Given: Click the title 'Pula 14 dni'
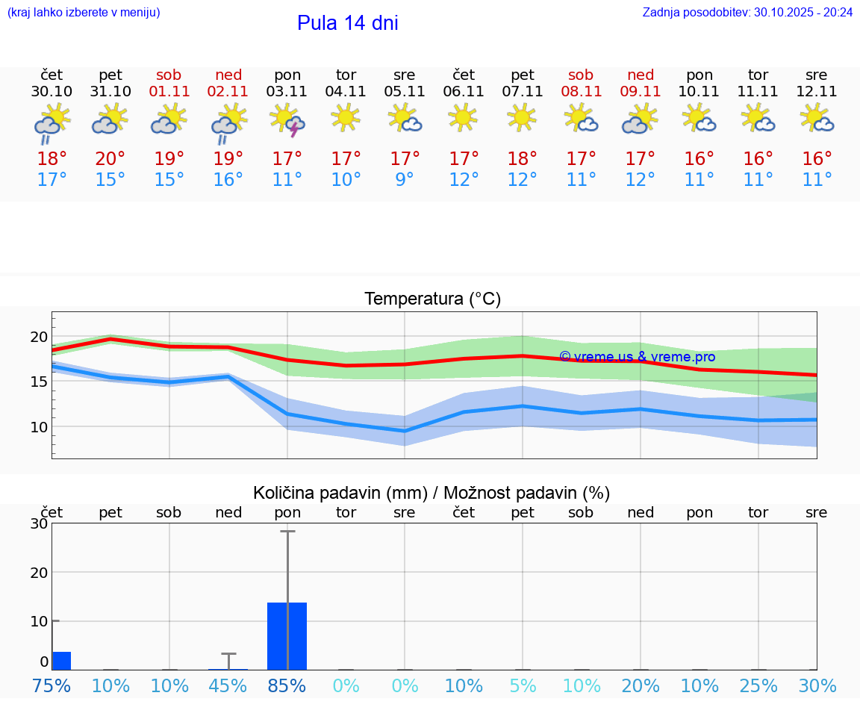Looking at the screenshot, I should point(347,23).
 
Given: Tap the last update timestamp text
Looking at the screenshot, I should point(747,13).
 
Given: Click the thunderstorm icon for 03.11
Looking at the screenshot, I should point(287,120).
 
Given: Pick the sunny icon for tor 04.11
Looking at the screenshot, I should point(346,118).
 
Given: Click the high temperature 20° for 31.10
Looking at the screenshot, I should point(110,159).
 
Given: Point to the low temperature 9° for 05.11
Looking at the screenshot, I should point(405,180).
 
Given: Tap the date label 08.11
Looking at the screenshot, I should point(581,92).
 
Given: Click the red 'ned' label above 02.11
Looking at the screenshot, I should point(228,75).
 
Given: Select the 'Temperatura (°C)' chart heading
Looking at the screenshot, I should point(432,299).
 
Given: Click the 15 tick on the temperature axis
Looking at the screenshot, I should point(39,382).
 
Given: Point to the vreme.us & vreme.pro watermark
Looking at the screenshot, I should point(637,357).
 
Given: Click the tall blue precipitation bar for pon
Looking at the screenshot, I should point(287,635).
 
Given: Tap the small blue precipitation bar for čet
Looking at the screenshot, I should point(62,661).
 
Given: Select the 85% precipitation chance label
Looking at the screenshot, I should point(287,686).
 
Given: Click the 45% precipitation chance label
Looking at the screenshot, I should point(228,686).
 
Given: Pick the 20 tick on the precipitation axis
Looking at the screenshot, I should point(39,572).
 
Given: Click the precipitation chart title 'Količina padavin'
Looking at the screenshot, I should point(340,493).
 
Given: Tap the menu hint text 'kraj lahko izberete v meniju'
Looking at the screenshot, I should point(84,13).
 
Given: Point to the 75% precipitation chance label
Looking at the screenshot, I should point(52,686).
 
